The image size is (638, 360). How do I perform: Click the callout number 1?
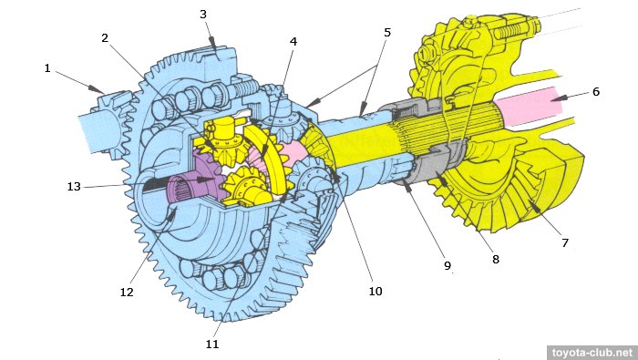tap(47, 68)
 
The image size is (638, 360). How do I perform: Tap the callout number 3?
tap(203, 15)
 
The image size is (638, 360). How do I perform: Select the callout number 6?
tap(596, 91)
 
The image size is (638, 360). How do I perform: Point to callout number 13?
tap(74, 186)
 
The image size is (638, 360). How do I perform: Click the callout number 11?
tap(212, 345)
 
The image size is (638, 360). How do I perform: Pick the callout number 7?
tap(565, 242)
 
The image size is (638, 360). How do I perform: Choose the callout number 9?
tap(448, 265)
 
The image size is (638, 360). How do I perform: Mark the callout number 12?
tap(127, 292)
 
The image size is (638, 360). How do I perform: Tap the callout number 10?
tap(376, 292)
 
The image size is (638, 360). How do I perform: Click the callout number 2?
tap(105, 38)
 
